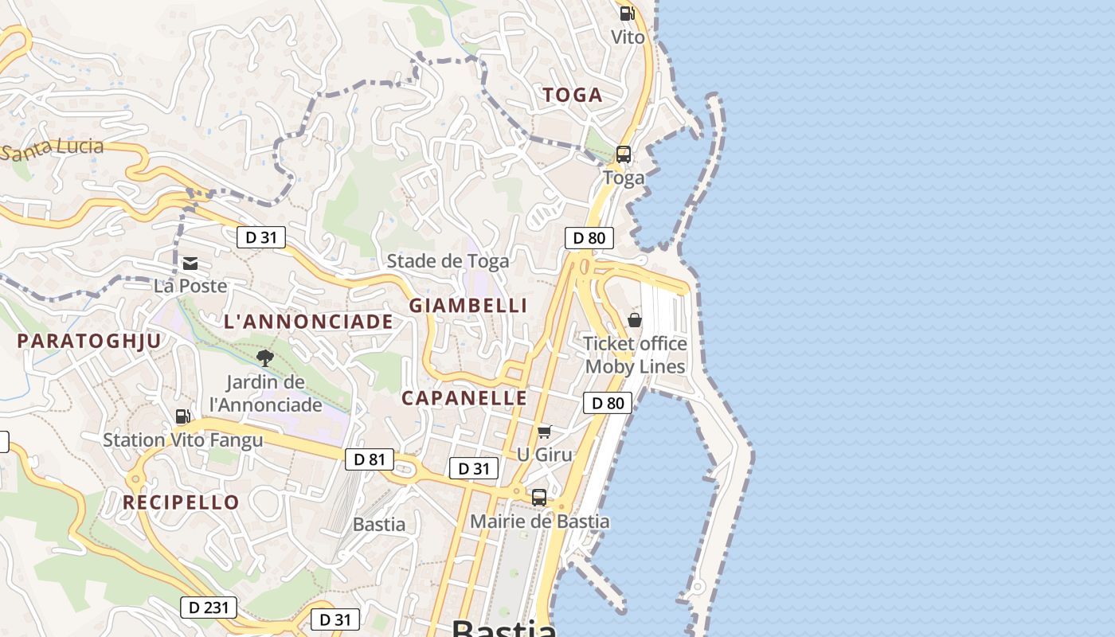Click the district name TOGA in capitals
pyautogui.click(x=572, y=96)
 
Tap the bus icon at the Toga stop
pyautogui.click(x=624, y=154)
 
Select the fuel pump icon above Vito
pyautogui.click(x=627, y=14)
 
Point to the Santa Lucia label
pyautogui.click(x=53, y=148)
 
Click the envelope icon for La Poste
pyautogui.click(x=190, y=264)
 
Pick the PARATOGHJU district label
pyautogui.click(x=89, y=342)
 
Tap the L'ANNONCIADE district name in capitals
pyautogui.click(x=308, y=322)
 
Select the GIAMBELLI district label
pyautogui.click(x=468, y=306)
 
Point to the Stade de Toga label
pyautogui.click(x=448, y=261)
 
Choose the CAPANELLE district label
pyautogui.click(x=464, y=398)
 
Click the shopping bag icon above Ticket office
pyautogui.click(x=635, y=320)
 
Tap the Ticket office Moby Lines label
pyautogui.click(x=635, y=355)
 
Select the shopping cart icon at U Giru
pyautogui.click(x=544, y=432)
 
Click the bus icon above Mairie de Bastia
pyautogui.click(x=539, y=498)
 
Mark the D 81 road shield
pyautogui.click(x=370, y=459)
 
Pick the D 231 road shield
pyautogui.click(x=209, y=608)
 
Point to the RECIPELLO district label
pyautogui.click(x=181, y=502)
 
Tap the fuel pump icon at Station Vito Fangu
pyautogui.click(x=182, y=416)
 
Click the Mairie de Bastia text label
pyautogui.click(x=539, y=522)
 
